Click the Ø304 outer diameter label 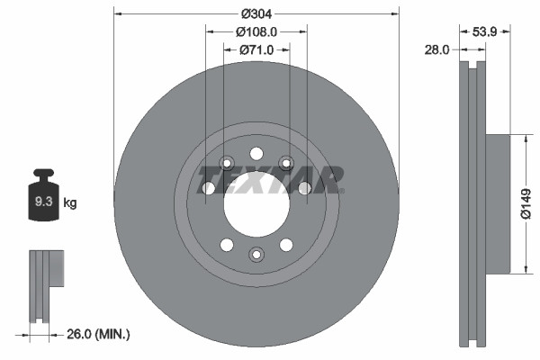click(x=256, y=13)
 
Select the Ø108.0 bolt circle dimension click(x=256, y=31)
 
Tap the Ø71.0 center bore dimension click(x=256, y=50)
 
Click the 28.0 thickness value click(x=436, y=50)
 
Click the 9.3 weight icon click(x=42, y=200)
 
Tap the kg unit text click(x=69, y=203)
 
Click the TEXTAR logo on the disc click(x=269, y=179)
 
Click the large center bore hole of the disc click(x=256, y=205)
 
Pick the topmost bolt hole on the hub click(x=256, y=153)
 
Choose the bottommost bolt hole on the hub click(x=256, y=256)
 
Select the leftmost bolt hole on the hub click(x=208, y=188)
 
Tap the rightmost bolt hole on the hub click(x=305, y=188)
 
